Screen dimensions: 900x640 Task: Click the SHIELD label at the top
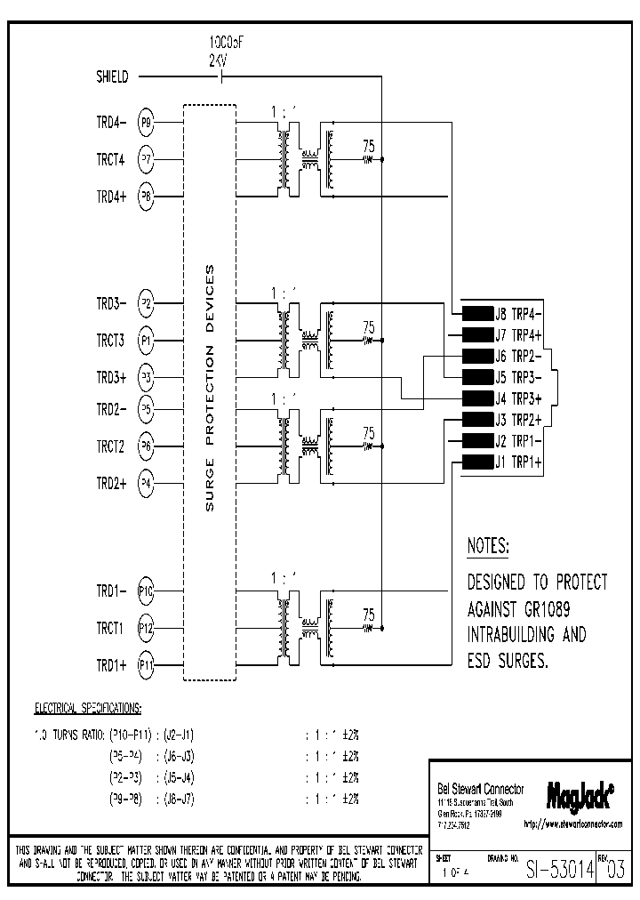click(112, 77)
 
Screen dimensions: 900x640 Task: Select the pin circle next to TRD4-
click(147, 124)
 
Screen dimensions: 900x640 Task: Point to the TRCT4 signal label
click(111, 160)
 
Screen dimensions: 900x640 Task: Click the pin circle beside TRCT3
click(147, 340)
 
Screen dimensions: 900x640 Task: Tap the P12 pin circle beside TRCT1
click(147, 628)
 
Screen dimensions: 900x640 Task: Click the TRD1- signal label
click(111, 591)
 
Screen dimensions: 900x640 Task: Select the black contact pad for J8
click(477, 313)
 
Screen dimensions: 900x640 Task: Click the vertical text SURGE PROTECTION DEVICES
click(210, 392)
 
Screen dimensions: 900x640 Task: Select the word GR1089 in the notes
click(556, 609)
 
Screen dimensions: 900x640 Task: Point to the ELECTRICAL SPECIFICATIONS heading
click(87, 709)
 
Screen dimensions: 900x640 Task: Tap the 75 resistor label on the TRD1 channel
click(368, 614)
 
